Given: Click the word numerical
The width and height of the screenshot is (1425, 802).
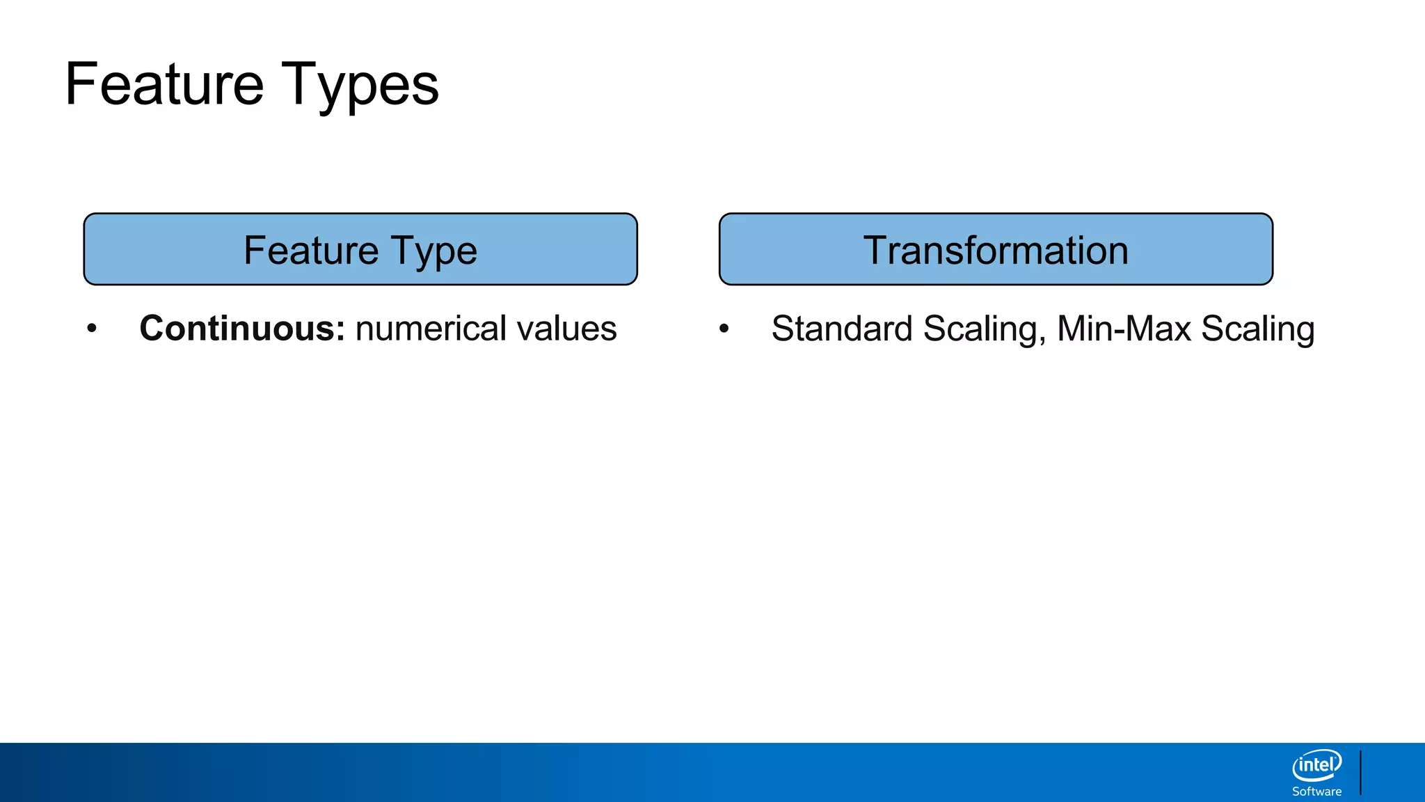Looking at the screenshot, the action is [x=431, y=329].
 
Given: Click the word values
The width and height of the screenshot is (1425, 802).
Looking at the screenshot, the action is [x=566, y=329].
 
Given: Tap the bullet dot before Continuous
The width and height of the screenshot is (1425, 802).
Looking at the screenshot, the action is [x=92, y=328].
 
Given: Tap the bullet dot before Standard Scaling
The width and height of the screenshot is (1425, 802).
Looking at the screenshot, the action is [x=724, y=328].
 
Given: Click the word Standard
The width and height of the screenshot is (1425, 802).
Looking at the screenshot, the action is [x=841, y=329].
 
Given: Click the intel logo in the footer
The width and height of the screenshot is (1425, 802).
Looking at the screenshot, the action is [x=1316, y=766].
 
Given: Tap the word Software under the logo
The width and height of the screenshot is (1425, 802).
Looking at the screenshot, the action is [x=1316, y=792].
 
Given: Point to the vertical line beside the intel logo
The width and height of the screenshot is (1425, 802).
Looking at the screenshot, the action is [x=1360, y=773].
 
